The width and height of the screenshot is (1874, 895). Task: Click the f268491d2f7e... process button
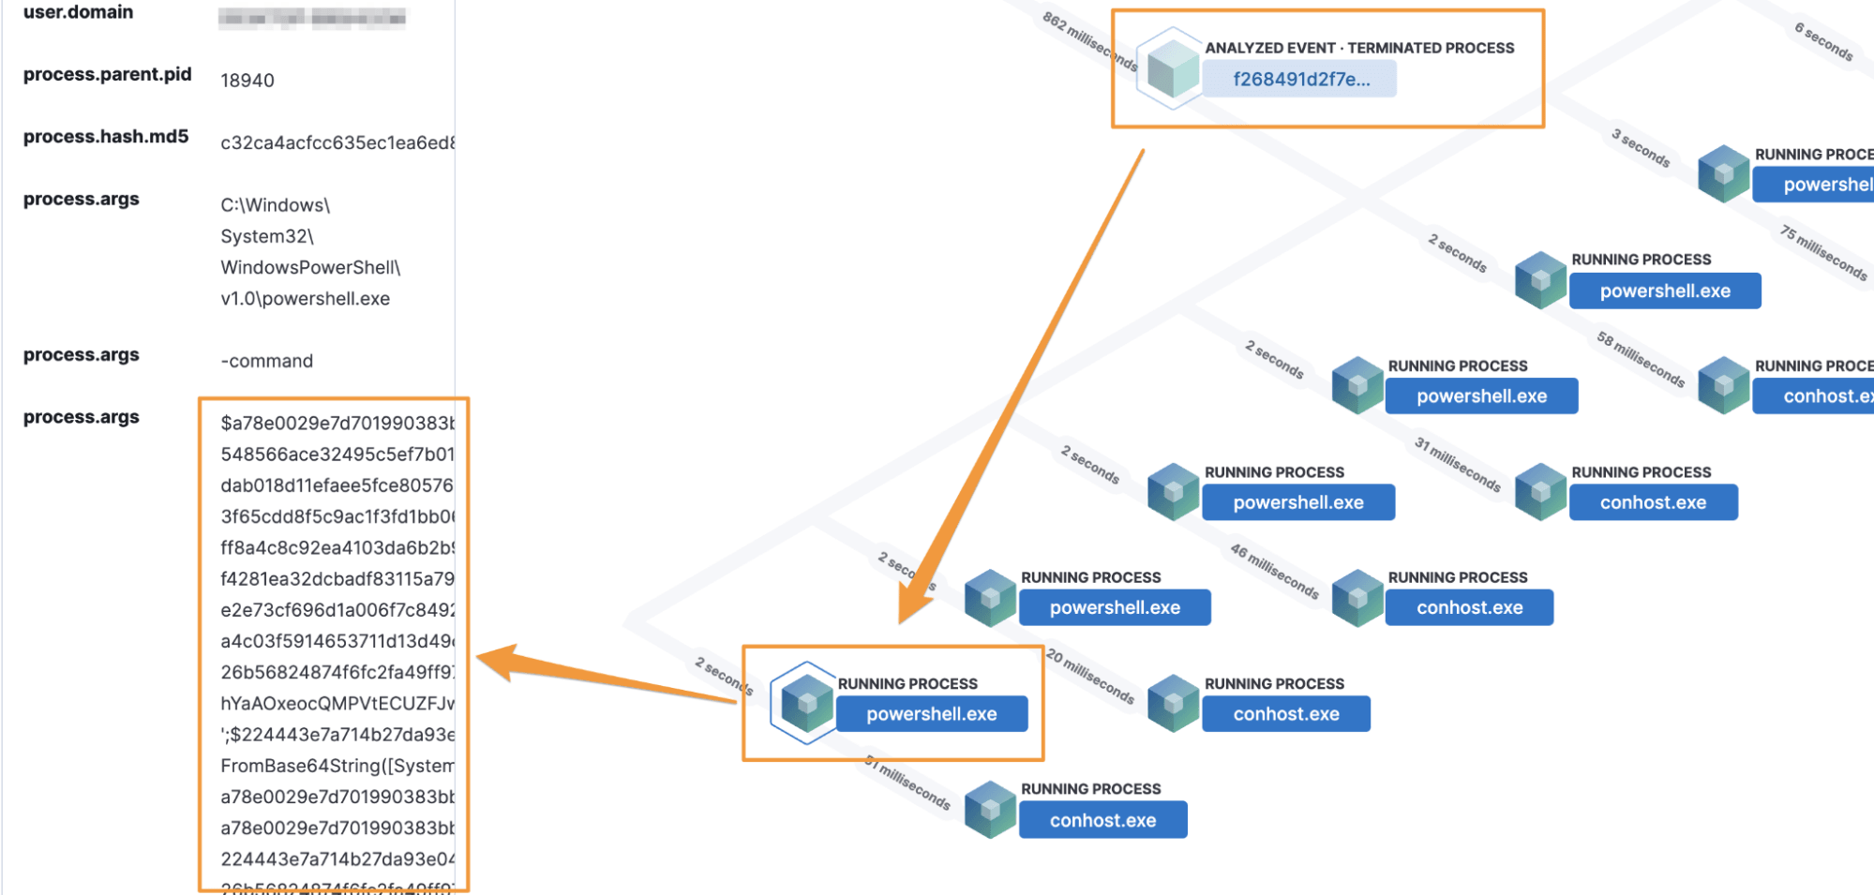point(1299,80)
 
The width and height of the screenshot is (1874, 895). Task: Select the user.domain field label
point(78,12)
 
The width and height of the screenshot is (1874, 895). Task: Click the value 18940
point(247,81)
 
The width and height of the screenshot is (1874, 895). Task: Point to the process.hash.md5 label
point(106,137)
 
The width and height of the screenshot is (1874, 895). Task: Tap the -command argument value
point(267,361)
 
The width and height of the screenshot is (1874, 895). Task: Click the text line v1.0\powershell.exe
point(306,299)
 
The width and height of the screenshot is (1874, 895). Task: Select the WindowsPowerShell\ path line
point(310,268)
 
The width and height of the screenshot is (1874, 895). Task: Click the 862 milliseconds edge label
point(1090,41)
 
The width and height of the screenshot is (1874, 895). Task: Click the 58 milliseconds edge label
point(1641,359)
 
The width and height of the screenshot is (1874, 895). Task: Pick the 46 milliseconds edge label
point(1275,571)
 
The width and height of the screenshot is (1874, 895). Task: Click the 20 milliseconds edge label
point(1091,676)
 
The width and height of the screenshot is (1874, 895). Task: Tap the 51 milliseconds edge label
point(907,783)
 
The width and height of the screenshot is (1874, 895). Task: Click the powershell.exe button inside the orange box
point(931,714)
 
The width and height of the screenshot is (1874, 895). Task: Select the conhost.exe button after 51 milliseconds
point(1102,820)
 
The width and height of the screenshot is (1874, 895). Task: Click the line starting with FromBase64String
point(337,766)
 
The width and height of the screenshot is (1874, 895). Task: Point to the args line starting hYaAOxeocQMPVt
point(337,704)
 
